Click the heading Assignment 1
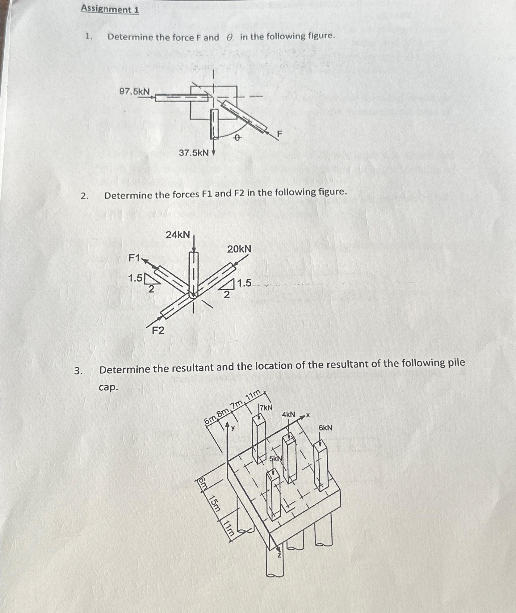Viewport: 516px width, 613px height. [x=110, y=10]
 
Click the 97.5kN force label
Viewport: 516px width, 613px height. [x=135, y=92]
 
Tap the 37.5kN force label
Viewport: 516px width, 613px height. [x=194, y=153]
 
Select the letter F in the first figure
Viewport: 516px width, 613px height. [x=279, y=134]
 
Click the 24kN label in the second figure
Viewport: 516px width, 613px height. [x=178, y=235]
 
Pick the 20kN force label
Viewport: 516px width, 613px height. [x=239, y=249]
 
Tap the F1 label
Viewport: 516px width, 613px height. [x=134, y=258]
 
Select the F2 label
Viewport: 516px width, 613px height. [x=158, y=331]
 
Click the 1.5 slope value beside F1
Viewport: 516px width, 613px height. [x=135, y=278]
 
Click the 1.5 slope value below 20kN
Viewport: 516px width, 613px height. [x=244, y=283]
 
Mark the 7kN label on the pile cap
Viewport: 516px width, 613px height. [x=266, y=408]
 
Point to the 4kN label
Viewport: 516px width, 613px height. [x=288, y=414]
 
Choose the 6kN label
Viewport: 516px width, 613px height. [x=325, y=428]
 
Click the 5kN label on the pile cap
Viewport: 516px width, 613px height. [x=276, y=459]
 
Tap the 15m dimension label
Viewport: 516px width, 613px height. [x=215, y=503]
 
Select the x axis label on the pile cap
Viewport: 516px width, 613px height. [x=308, y=416]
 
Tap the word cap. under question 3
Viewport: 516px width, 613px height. [x=108, y=387]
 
